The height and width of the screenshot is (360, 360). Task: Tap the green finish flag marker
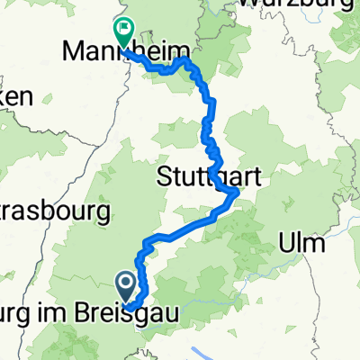click(x=122, y=32)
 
